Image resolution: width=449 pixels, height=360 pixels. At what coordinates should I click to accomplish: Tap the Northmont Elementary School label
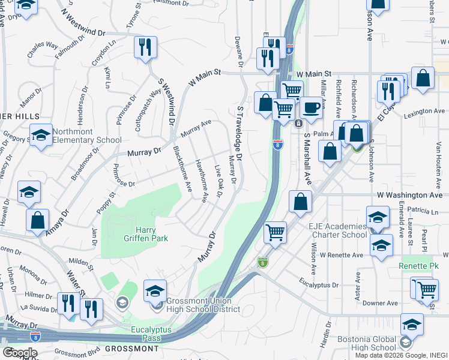point(86,136)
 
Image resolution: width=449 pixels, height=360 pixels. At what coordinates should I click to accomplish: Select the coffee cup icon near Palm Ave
point(310,108)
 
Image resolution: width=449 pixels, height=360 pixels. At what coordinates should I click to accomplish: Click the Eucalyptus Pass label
point(151,334)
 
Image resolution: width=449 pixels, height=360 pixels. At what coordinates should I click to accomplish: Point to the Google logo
point(19,352)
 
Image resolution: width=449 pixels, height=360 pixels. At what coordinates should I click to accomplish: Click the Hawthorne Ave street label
point(201,180)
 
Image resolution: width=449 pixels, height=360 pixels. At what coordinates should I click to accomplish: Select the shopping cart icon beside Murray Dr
point(275,232)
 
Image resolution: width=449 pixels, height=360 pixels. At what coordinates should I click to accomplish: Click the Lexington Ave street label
point(424,112)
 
